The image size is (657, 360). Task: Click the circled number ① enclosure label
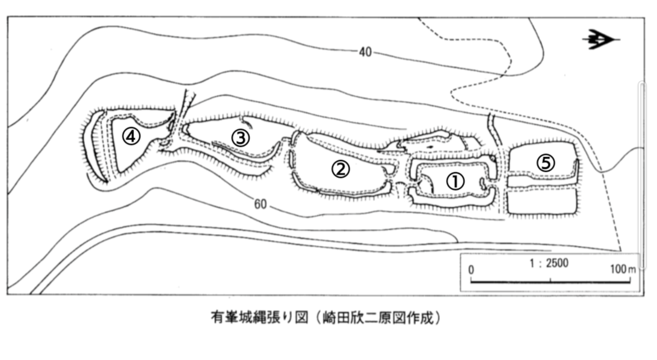(456, 181)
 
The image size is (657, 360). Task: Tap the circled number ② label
(341, 169)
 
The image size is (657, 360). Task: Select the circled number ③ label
(240, 137)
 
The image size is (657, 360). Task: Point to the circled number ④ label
(131, 136)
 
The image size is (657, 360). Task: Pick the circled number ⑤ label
(545, 162)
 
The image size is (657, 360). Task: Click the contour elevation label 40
(366, 53)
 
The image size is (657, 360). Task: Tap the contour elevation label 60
(261, 205)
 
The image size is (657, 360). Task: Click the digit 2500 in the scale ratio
(558, 263)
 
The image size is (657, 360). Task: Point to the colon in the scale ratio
(539, 264)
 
